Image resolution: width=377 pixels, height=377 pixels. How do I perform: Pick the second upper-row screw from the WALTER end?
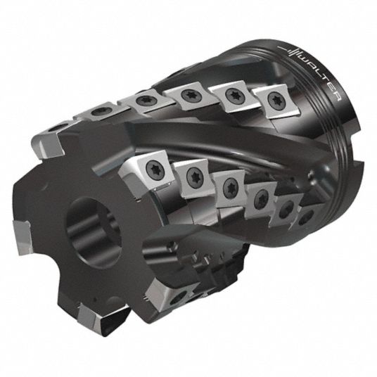(x=234, y=95)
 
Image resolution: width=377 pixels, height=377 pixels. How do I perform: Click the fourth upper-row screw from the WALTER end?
(x=143, y=101)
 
